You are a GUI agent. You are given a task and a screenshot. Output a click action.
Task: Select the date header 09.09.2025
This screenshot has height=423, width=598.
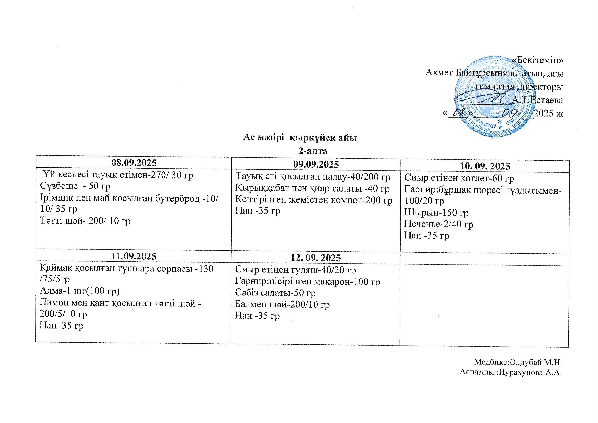(316, 164)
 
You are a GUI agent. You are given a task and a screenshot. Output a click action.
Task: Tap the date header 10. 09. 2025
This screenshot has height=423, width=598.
(485, 166)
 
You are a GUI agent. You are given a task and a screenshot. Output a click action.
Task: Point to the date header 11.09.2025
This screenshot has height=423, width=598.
(134, 256)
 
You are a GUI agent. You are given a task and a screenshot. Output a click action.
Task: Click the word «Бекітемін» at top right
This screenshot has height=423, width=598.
(537, 60)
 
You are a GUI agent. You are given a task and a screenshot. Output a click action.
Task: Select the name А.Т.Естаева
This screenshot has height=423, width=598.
(537, 100)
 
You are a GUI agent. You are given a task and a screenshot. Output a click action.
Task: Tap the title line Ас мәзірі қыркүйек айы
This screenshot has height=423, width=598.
(300, 138)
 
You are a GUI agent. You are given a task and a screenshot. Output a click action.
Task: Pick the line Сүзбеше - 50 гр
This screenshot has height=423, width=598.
(75, 186)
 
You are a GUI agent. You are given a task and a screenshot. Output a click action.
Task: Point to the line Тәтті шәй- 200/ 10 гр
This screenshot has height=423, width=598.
(85, 221)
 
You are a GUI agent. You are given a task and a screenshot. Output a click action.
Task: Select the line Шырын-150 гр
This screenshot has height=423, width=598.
(437, 213)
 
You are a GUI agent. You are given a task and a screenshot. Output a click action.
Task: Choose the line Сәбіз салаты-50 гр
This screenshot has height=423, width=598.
(275, 293)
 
